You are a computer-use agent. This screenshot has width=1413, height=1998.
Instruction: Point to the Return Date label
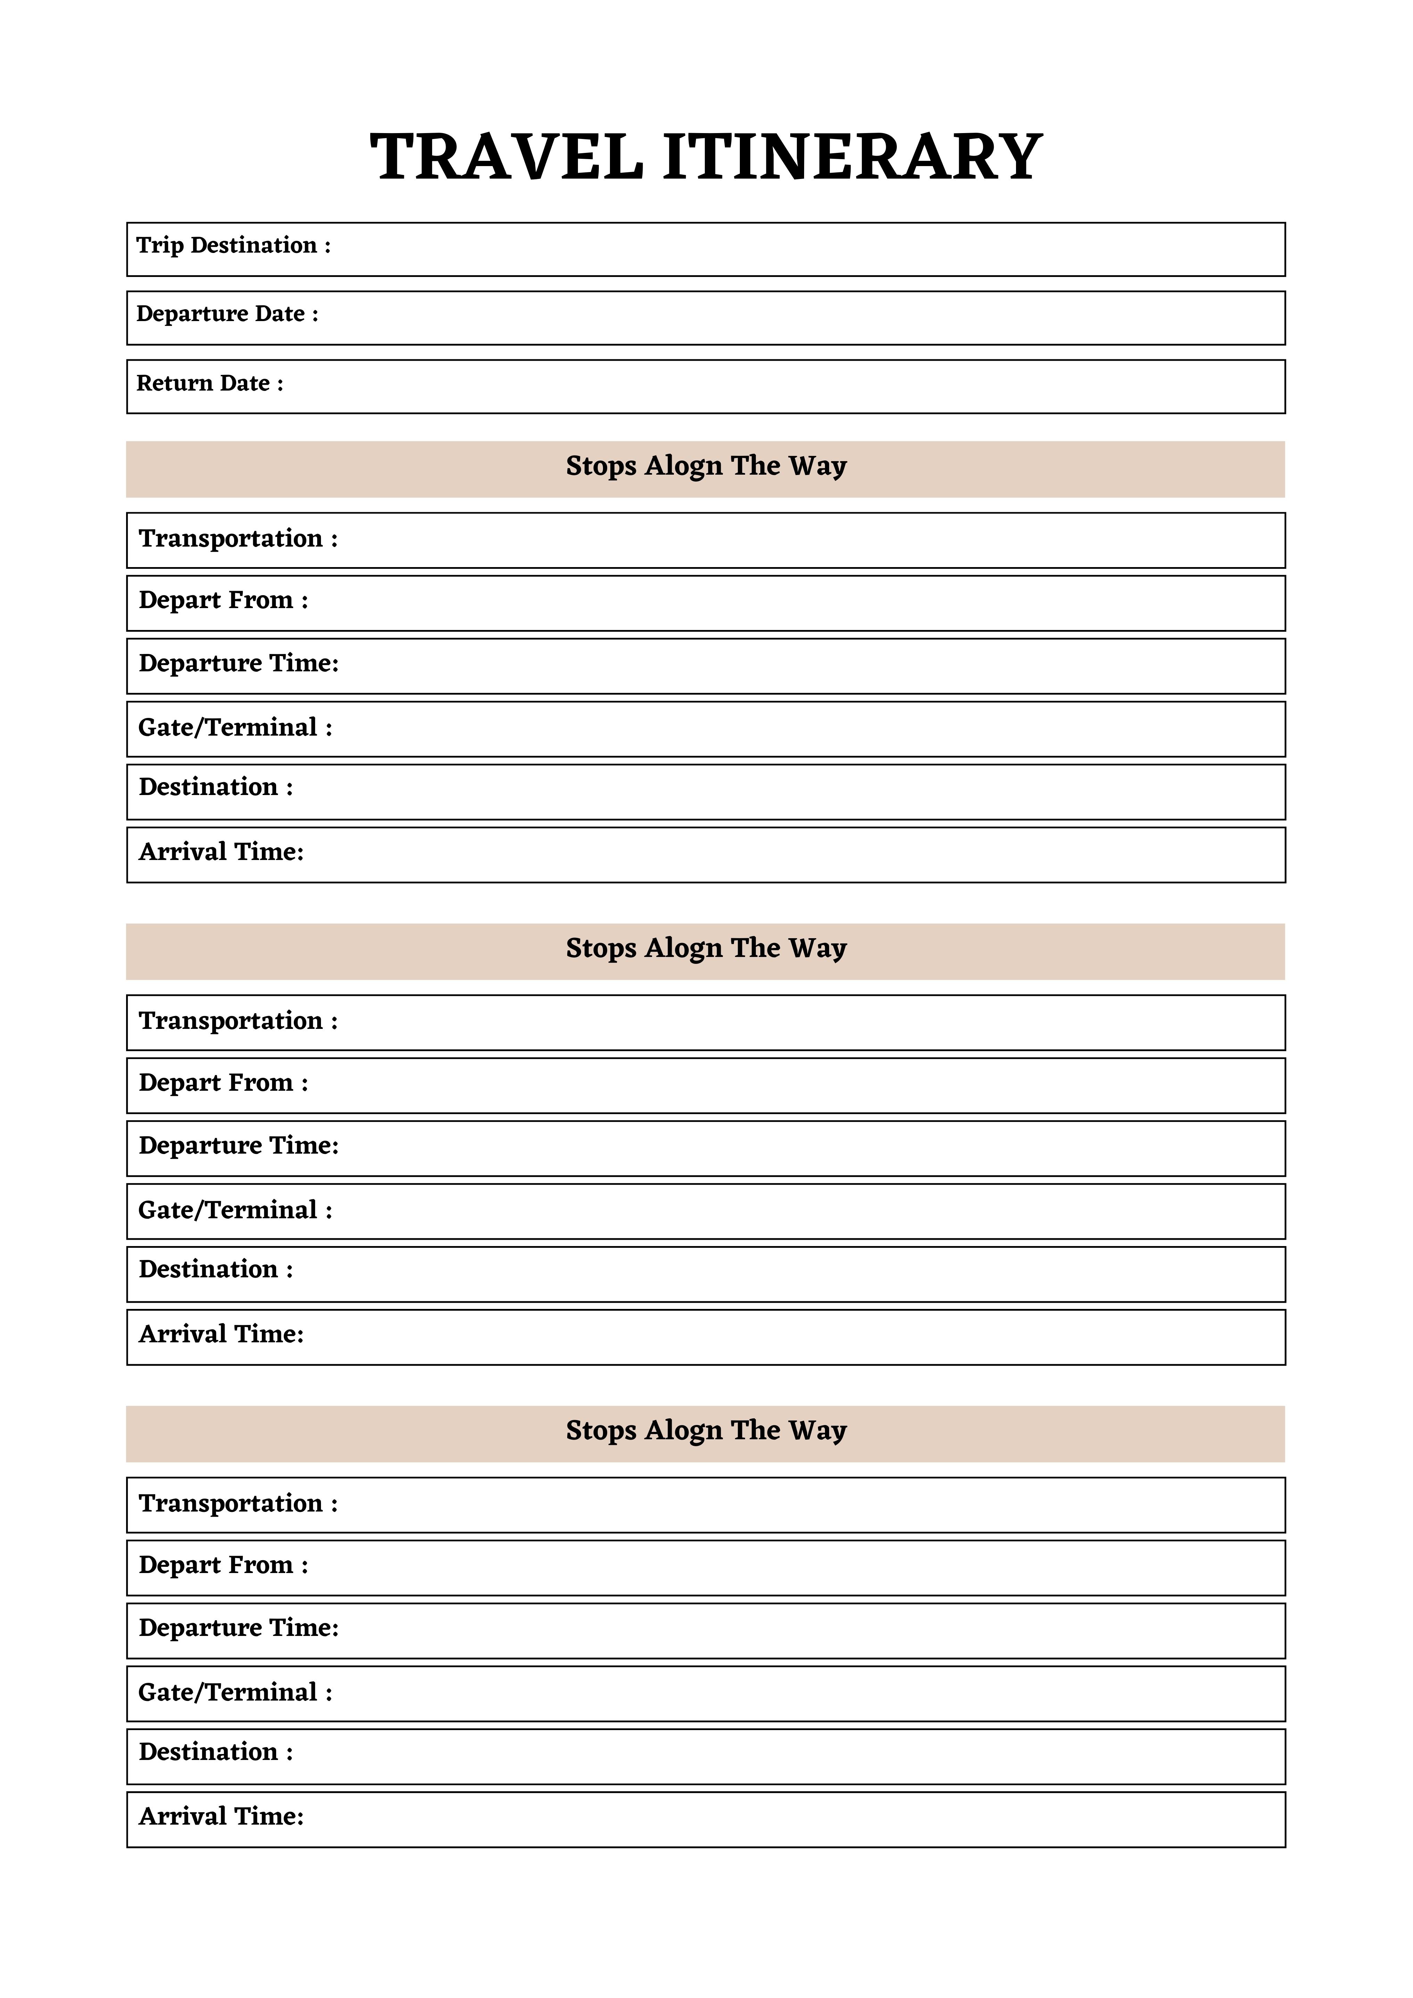click(210, 384)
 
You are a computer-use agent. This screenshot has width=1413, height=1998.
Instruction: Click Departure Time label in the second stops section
click(238, 1146)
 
